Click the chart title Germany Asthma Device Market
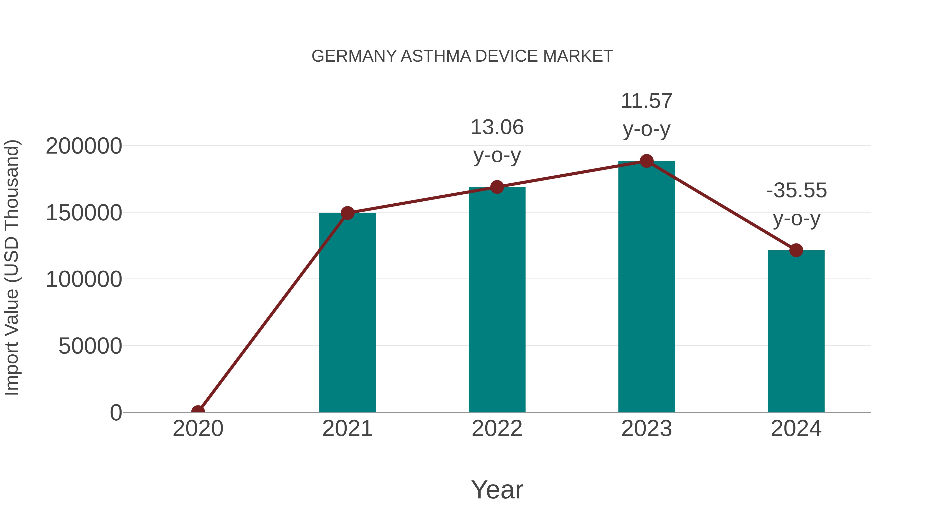(462, 56)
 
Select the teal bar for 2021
(347, 312)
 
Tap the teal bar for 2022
(497, 299)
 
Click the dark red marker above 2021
(347, 213)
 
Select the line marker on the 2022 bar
(497, 187)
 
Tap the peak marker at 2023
(646, 161)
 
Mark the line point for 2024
(796, 250)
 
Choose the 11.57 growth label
(646, 115)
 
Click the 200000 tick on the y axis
(84, 146)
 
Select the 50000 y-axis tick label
(90, 346)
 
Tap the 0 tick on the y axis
(116, 413)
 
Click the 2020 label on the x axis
(198, 429)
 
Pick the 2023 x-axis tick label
(646, 429)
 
